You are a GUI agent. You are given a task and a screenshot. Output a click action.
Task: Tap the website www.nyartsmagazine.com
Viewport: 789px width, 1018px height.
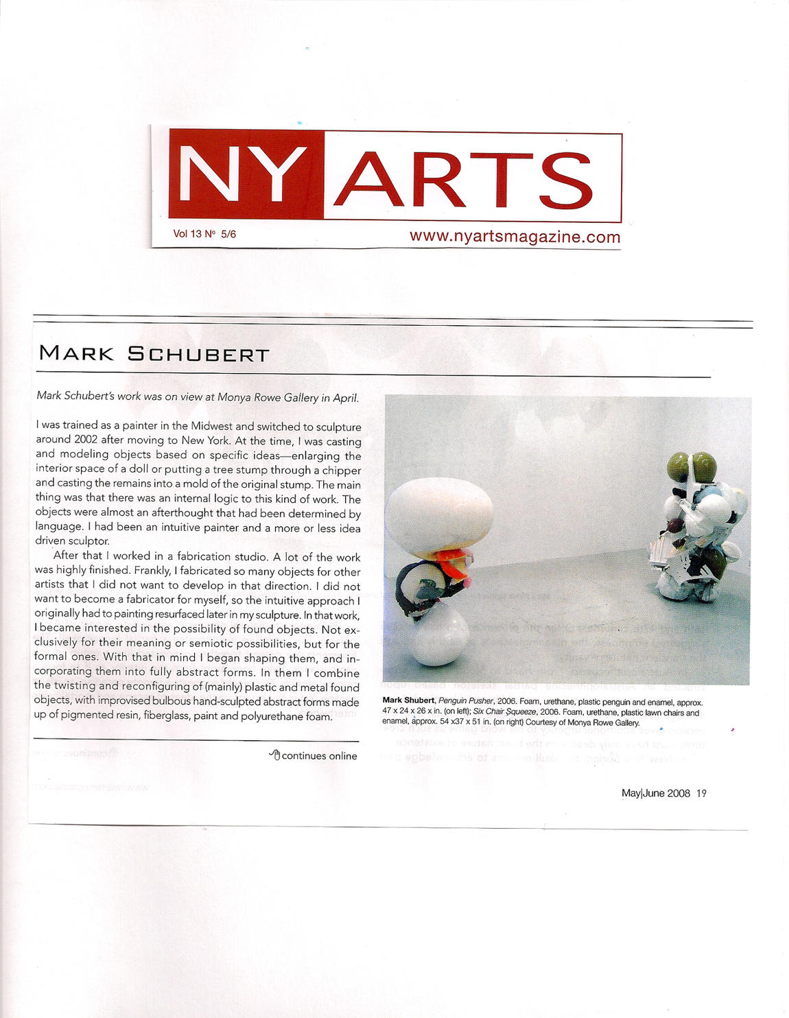[515, 237]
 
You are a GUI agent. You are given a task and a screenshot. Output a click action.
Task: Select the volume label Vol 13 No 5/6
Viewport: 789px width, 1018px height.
[204, 234]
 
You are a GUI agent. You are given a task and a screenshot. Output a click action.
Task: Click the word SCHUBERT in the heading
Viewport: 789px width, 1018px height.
[198, 354]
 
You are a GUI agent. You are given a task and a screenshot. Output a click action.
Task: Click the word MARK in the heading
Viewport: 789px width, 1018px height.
[76, 353]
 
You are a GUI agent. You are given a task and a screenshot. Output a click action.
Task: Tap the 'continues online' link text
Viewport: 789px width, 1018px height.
[319, 756]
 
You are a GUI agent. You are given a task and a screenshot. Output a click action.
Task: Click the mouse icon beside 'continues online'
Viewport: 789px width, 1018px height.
[274, 755]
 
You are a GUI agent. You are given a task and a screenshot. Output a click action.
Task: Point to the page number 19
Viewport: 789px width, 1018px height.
[701, 793]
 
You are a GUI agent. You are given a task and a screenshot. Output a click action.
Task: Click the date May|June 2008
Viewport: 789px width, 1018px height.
[655, 793]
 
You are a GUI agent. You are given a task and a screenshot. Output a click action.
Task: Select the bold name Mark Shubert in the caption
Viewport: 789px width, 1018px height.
[408, 701]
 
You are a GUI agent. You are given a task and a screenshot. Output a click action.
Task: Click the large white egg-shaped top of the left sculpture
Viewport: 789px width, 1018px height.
[439, 511]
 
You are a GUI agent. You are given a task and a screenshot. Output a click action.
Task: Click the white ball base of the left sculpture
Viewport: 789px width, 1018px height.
[439, 638]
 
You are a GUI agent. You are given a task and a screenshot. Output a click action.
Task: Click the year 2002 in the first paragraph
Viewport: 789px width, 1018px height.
[86, 440]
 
